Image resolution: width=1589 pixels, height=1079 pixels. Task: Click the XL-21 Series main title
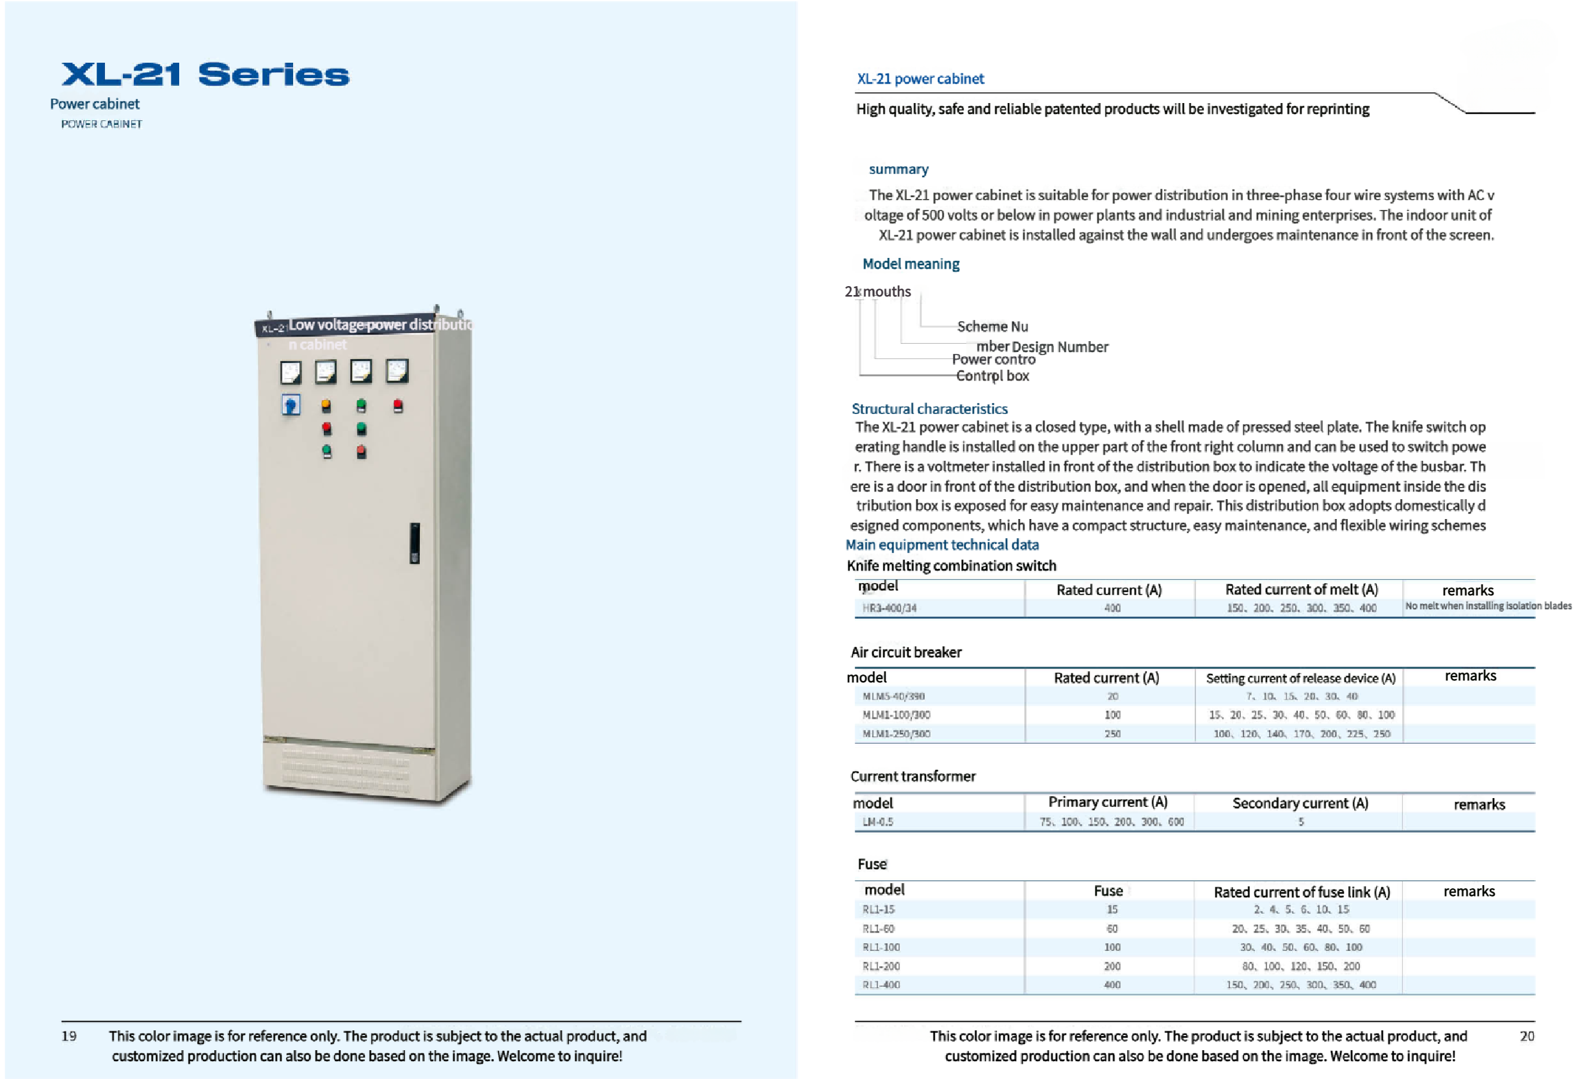coord(205,74)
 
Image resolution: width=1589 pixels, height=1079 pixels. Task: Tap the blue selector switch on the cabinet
coord(291,405)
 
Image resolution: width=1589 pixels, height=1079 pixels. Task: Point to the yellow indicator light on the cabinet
coord(326,405)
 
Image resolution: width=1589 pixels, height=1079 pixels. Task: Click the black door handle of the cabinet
coord(414,542)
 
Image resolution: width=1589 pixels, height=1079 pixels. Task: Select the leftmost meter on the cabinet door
coord(291,372)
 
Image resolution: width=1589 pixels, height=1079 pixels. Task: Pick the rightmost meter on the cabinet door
coord(397,370)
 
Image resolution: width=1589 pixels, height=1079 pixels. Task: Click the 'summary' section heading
coord(898,169)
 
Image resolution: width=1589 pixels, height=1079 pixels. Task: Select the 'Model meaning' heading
coord(911,264)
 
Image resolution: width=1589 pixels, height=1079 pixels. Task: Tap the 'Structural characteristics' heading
coord(929,409)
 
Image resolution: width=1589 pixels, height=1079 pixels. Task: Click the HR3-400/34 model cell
coord(889,608)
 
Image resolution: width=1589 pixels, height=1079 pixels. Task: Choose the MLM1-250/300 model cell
coord(896,733)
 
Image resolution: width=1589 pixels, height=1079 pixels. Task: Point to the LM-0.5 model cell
coord(878,822)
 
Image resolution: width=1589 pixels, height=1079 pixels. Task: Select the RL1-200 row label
coord(881,966)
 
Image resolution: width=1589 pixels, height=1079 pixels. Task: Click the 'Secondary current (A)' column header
coord(1300,803)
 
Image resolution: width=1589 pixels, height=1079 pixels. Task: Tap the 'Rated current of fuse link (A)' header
coord(1301,892)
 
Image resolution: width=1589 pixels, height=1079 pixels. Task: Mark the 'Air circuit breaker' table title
coord(906,652)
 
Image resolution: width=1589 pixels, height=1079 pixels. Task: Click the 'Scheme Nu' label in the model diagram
coord(992,327)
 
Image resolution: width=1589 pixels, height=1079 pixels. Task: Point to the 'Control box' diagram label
coord(992,376)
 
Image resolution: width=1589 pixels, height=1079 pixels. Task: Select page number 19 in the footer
coord(69,1036)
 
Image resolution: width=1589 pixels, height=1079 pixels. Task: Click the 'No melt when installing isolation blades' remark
coord(1488,606)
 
